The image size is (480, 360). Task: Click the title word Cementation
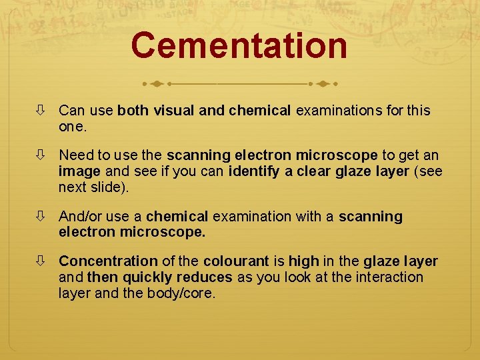pos(239,46)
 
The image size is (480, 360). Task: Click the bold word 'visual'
pos(175,111)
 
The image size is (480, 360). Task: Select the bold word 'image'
pos(79,171)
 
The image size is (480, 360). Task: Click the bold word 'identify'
pos(254,171)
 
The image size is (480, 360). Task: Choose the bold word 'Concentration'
pos(108,261)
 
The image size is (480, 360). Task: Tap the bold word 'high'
pos(303,261)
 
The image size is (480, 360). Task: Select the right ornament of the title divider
pos(323,85)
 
